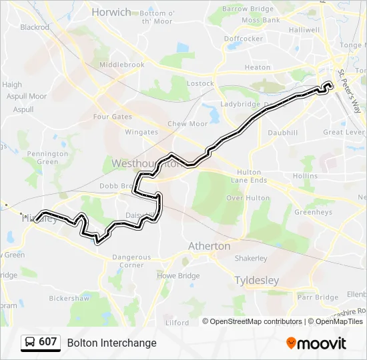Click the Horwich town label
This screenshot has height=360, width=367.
click(111, 12)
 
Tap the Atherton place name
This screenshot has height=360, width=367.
click(209, 246)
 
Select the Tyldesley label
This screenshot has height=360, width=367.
click(257, 281)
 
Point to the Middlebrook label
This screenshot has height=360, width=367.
click(121, 65)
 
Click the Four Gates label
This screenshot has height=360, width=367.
click(113, 117)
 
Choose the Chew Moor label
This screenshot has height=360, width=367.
click(188, 124)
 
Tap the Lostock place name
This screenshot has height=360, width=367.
click(200, 84)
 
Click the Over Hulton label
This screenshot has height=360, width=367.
click(248, 198)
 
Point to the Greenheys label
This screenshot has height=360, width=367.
click(313, 213)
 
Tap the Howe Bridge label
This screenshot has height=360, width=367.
click(178, 275)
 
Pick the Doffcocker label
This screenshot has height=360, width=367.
click(244, 39)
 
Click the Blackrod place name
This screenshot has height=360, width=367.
click(35, 27)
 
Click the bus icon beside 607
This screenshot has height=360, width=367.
click(30, 343)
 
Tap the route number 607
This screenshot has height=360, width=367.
click(47, 342)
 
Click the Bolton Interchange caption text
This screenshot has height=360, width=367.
click(111, 343)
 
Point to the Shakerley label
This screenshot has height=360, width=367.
click(251, 259)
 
